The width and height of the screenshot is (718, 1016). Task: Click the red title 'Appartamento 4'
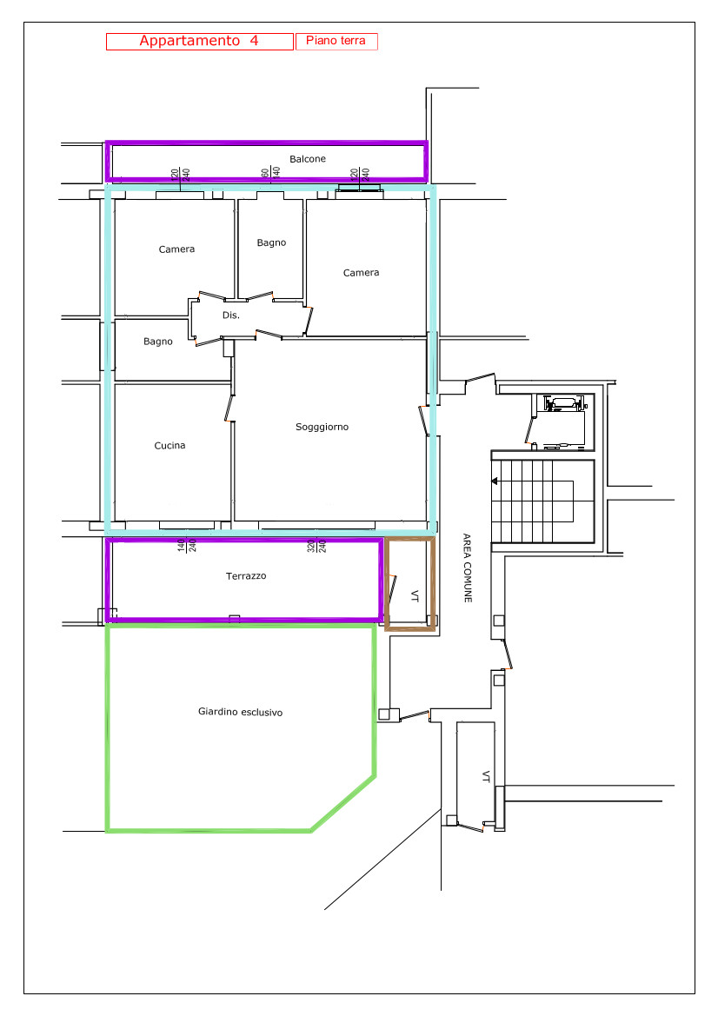coord(199,41)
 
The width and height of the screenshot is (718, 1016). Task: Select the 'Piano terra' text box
coord(336,42)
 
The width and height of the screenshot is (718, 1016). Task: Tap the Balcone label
coord(308,159)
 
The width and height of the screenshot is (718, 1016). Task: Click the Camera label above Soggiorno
coord(361,273)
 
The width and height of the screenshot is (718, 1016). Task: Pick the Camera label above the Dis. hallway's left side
coord(177,249)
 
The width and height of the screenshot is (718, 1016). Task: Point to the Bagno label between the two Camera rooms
coord(271,243)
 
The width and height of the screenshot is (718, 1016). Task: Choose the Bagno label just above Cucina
coord(158,342)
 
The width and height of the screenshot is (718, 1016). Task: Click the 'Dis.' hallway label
coord(231,315)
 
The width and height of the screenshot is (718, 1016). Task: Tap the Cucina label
coord(170,445)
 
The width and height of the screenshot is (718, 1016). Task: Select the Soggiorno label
coord(322,427)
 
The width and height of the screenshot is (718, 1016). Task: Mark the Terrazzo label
coord(246,575)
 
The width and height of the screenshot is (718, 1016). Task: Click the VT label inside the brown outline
coord(415,595)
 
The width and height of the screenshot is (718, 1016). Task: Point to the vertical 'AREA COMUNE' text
coord(467,568)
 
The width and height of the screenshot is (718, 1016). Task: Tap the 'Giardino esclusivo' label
coord(241,712)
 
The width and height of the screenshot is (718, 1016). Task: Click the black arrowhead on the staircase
coord(495,481)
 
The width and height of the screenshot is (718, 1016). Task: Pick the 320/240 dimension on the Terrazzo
coord(317,546)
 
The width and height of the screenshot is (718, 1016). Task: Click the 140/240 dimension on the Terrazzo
coord(187,546)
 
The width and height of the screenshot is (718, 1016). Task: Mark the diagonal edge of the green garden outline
coord(342,803)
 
